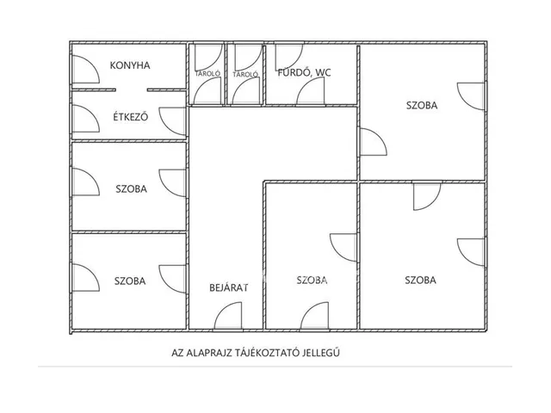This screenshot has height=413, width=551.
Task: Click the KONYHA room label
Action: coord(130,65)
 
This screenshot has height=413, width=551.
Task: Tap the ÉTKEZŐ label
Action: coord(130,117)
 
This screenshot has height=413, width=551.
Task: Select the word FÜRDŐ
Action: coord(294,72)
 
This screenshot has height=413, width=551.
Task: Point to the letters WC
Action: coord(324,72)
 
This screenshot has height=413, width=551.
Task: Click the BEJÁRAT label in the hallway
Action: coord(229,287)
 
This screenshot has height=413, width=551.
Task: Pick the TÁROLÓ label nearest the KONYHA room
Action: coord(207,74)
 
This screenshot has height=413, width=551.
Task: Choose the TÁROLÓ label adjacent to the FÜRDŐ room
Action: coord(245,74)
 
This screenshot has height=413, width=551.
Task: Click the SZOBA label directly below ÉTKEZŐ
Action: coord(131,189)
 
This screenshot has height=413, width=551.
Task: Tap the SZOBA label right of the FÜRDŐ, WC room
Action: coord(422,105)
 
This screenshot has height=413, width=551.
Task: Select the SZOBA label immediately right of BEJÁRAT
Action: coord(312,280)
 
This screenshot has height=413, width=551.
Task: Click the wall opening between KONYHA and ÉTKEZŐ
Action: coord(131,89)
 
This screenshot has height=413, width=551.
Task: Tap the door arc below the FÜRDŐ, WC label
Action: coord(305,84)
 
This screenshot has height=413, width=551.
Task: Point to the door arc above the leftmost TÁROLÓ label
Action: coord(214,63)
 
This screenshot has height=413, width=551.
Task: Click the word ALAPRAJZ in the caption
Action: coord(207,353)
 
